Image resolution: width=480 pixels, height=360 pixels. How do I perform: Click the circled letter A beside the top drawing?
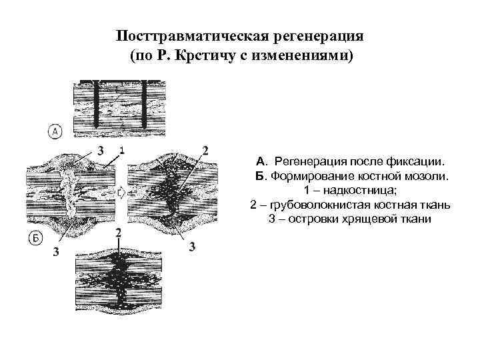(x=55, y=133)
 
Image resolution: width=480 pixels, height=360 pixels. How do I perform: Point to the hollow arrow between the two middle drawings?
(x=121, y=193)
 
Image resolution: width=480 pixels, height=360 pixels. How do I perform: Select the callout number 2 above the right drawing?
(x=205, y=149)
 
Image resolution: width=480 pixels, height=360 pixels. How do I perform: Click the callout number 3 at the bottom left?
(x=55, y=252)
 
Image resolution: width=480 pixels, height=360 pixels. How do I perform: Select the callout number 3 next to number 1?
(x=100, y=149)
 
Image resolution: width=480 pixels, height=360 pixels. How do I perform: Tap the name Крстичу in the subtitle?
(x=196, y=55)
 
